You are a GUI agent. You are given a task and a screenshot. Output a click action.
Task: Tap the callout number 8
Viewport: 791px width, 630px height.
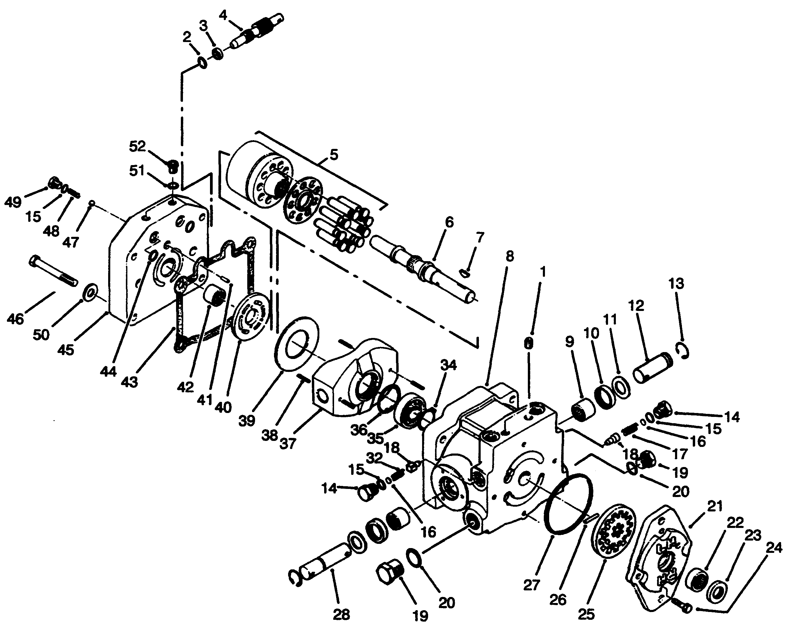tap(509, 257)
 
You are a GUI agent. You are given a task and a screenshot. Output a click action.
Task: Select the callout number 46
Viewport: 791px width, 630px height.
tap(15, 318)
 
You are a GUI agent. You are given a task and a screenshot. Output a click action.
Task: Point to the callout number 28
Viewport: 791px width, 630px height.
tap(341, 614)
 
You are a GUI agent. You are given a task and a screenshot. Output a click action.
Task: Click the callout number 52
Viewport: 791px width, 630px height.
tap(137, 146)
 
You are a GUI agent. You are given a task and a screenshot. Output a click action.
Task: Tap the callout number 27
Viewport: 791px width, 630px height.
tap(531, 585)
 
